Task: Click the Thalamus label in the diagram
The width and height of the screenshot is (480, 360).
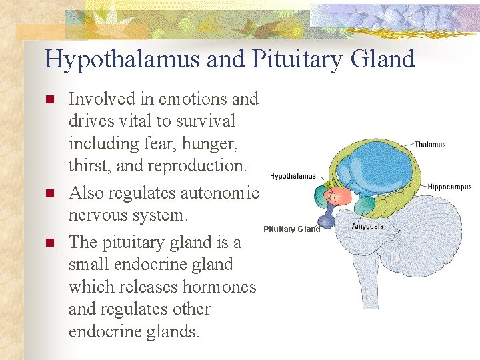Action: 430,144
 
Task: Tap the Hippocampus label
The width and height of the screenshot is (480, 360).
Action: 449,187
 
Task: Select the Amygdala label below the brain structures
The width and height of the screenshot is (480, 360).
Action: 367,226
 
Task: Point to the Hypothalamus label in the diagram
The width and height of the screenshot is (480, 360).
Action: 293,176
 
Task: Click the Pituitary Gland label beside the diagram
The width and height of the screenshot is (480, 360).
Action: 291,229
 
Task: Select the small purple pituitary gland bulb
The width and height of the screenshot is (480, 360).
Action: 325,221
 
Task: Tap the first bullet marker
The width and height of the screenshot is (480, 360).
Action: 48,100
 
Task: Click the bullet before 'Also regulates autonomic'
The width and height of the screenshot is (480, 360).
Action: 48,194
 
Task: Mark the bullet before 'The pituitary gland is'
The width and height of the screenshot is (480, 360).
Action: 48,243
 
